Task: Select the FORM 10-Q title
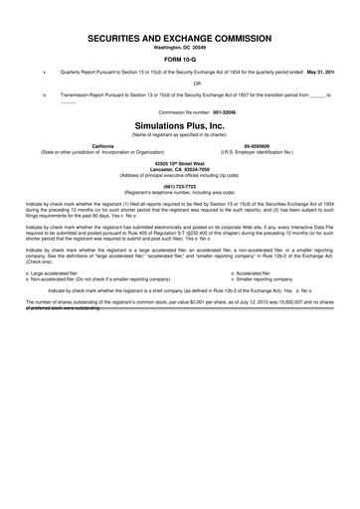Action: point(180,59)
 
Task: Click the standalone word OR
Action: point(180,84)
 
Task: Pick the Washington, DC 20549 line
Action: point(180,47)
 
